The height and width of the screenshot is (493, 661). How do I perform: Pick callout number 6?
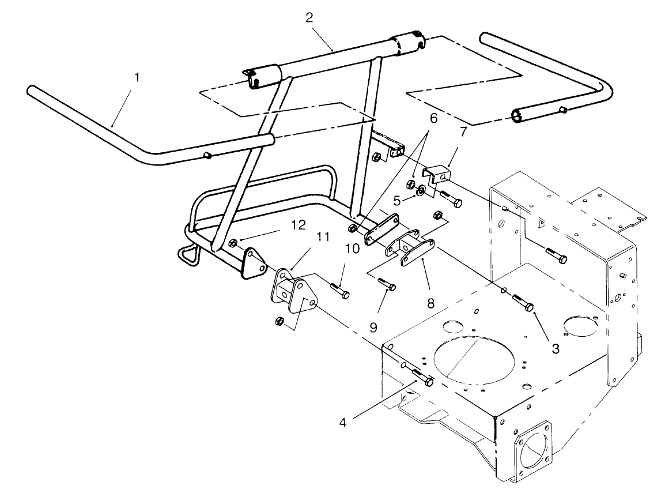click(x=433, y=118)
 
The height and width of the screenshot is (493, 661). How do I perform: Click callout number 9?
click(x=374, y=327)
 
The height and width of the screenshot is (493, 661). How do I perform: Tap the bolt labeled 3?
click(x=523, y=303)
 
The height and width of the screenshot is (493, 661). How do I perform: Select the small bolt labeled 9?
click(x=387, y=284)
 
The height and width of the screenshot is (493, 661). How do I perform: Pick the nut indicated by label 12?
click(x=233, y=242)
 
